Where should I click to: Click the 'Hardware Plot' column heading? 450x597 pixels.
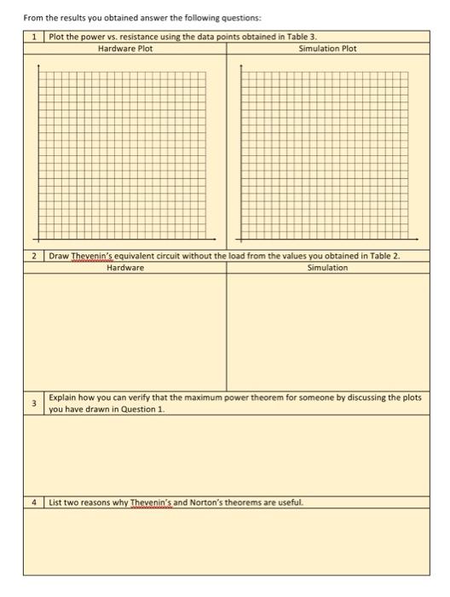tap(125, 49)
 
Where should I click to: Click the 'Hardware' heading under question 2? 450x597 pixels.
tap(125, 268)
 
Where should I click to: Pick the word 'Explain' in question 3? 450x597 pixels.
tap(62, 397)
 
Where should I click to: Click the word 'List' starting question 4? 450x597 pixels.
tap(56, 501)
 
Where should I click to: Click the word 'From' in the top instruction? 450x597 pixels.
tap(32, 18)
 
